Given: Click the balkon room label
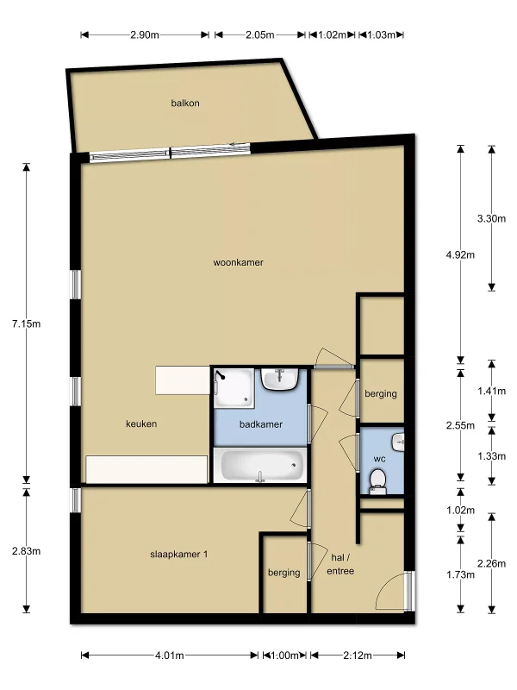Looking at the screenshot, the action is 185,103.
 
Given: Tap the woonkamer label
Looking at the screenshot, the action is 239,262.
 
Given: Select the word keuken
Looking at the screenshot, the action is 141,423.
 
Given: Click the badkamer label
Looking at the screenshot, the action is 261,424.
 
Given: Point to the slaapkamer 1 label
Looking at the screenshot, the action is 178,554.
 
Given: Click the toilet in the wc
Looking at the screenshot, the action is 377,481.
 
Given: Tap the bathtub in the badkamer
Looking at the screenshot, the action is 261,465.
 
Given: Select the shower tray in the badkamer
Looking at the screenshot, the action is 234,387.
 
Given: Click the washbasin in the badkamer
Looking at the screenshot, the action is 281,379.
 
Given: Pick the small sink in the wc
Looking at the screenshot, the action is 399,442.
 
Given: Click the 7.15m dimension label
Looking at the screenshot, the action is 27,324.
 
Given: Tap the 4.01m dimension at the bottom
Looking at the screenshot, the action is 169,655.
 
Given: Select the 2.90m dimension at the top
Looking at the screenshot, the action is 145,34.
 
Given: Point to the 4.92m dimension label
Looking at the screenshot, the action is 460,254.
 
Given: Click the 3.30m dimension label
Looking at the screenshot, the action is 491,218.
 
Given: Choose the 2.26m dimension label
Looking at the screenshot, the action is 491,563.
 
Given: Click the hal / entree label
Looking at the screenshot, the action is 340,564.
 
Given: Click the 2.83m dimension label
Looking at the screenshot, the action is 27,551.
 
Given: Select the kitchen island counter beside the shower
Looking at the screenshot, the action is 183,380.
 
